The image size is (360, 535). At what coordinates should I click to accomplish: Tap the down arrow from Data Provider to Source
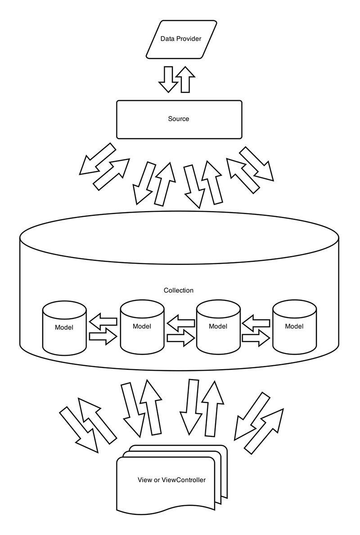point(168,79)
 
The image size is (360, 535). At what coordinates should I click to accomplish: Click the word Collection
point(179,290)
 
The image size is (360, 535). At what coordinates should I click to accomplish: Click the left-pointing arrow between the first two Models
point(103,321)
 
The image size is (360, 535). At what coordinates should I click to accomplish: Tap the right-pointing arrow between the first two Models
point(103,336)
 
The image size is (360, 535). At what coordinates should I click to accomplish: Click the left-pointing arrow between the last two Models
point(256,321)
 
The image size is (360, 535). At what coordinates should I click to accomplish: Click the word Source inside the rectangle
point(179,119)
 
